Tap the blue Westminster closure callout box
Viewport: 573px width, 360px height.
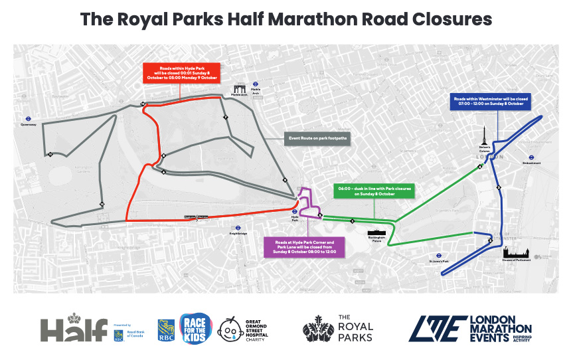click(491, 102)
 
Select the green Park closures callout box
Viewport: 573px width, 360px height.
click(374, 191)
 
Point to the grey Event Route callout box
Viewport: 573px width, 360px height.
click(318, 139)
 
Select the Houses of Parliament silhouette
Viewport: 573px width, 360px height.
click(516, 252)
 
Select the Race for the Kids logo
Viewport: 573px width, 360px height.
click(197, 328)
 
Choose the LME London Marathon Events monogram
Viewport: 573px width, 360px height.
click(437, 329)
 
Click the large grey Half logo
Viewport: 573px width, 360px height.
click(74, 329)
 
